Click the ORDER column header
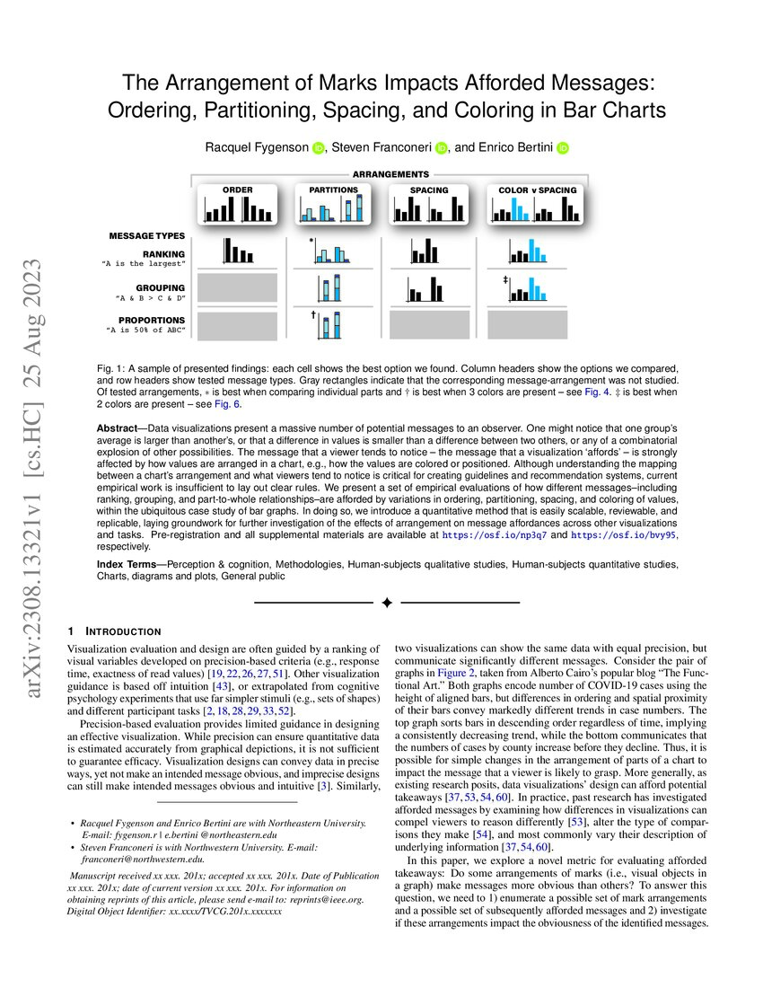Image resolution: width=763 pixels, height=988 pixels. [237, 190]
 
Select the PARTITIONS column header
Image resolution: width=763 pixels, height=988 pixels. [333, 190]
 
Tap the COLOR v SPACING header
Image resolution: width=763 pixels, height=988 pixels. [537, 190]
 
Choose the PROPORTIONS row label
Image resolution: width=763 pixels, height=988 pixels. [152, 320]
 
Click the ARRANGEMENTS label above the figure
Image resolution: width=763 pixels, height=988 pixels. [390, 173]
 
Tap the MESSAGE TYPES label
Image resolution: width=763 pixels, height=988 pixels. [146, 235]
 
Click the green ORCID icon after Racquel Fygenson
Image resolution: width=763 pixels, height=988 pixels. [319, 147]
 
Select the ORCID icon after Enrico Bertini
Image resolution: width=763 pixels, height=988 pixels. [563, 147]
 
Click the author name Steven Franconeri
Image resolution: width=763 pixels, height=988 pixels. [382, 147]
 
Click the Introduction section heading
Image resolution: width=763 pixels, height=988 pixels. [120, 631]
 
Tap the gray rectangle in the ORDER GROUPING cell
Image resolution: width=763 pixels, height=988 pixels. [237, 288]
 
